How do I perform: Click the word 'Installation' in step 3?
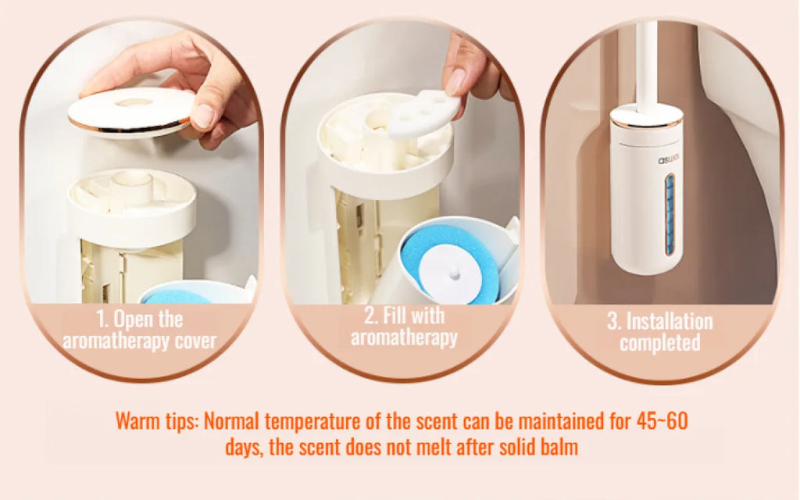(x=670, y=321)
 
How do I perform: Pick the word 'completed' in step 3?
(x=660, y=343)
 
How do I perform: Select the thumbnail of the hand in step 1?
(x=202, y=116)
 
